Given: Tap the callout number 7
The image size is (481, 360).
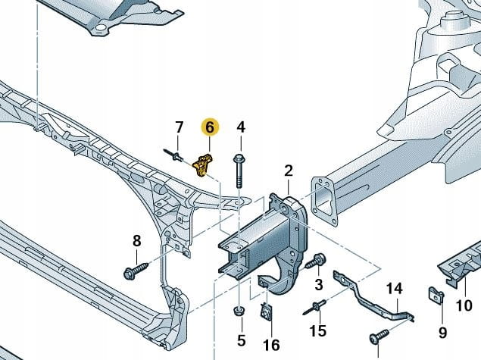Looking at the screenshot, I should pyautogui.click(x=179, y=127).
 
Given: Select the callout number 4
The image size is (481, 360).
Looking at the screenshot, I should pyautogui.click(x=241, y=127).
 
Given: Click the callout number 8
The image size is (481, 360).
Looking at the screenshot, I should pyautogui.click(x=136, y=241).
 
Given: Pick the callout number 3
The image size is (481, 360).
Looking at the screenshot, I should pyautogui.click(x=318, y=284).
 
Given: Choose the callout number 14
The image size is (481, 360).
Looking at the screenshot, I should pyautogui.click(x=393, y=288).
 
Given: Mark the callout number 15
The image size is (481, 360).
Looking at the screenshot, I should pyautogui.click(x=319, y=330).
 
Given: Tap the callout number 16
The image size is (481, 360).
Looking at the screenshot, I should pyautogui.click(x=270, y=346).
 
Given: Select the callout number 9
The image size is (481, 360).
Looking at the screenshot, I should pyautogui.click(x=442, y=332).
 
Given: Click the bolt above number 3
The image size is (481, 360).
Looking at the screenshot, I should pyautogui.click(x=316, y=263).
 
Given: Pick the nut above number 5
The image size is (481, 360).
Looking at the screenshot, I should pyautogui.click(x=239, y=311).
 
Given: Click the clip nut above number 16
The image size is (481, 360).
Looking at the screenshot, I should pyautogui.click(x=267, y=311).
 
